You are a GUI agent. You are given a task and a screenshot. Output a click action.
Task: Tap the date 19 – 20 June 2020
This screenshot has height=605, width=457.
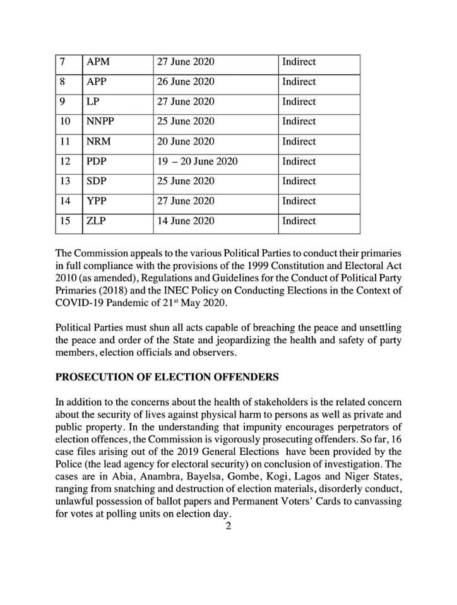(x=198, y=162)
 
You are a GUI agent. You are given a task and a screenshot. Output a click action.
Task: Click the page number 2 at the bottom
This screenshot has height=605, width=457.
(x=229, y=527)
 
